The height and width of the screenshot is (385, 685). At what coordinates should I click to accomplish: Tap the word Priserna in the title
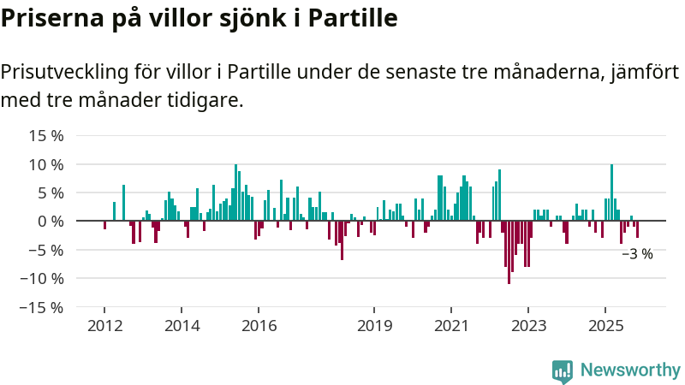[x=47, y=17]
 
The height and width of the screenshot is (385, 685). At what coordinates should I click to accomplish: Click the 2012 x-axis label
[x=104, y=325]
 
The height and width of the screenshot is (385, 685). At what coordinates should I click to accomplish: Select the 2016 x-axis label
[x=259, y=325]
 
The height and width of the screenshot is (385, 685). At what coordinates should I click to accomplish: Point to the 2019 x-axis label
[x=374, y=325]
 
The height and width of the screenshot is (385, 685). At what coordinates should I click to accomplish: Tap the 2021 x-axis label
[x=451, y=325]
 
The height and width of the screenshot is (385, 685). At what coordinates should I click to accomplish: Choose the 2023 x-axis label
[x=528, y=325]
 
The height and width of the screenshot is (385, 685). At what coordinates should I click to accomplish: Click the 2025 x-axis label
[x=605, y=325]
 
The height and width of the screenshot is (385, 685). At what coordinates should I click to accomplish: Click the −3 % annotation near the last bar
[x=637, y=254]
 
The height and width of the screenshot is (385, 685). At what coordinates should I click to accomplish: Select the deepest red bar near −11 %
[x=509, y=252]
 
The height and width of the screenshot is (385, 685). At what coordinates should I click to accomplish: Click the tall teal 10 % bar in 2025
[x=611, y=192]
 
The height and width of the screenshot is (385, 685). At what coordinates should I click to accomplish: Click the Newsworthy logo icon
[x=563, y=370]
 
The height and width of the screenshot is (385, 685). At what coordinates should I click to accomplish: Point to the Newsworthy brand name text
[x=630, y=370]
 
